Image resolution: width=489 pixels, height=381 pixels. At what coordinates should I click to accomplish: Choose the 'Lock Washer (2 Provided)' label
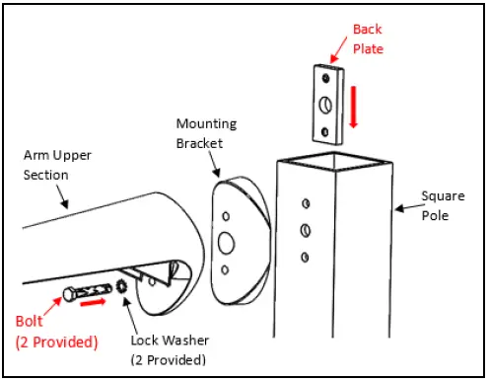pos(171,348)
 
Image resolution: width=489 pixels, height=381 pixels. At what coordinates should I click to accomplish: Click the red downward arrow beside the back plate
pos(352,108)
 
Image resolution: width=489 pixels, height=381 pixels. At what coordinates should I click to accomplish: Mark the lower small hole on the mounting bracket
pos(228,269)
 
